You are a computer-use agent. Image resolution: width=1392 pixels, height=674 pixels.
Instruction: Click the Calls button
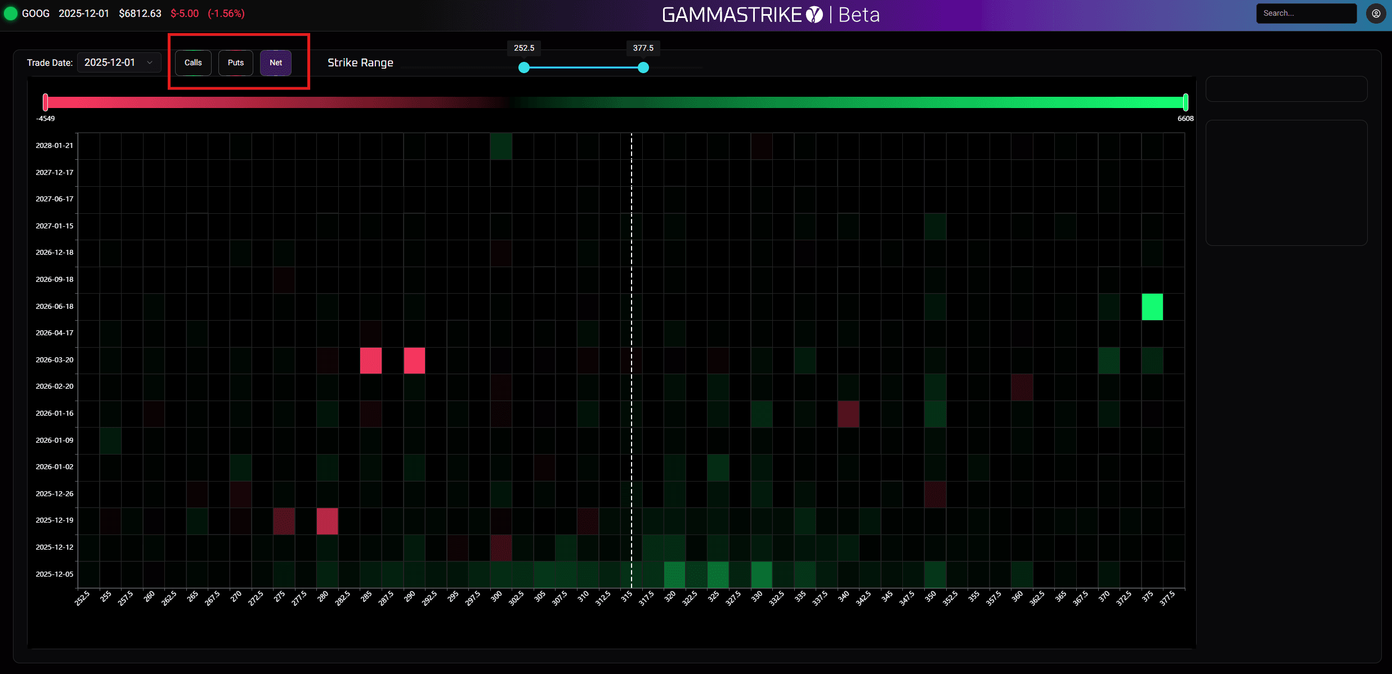click(x=193, y=63)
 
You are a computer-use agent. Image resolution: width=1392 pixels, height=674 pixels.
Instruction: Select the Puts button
click(x=235, y=63)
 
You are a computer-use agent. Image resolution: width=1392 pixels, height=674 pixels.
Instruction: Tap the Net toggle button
click(x=276, y=63)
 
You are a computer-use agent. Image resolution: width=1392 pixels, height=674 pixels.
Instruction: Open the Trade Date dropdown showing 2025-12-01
click(x=119, y=62)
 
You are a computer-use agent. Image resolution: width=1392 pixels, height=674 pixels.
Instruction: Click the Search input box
click(x=1306, y=14)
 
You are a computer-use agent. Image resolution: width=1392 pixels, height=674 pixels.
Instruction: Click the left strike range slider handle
click(x=524, y=68)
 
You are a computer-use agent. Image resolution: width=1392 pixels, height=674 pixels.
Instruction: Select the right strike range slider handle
click(x=643, y=68)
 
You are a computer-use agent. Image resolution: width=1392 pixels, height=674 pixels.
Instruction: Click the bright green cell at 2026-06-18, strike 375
click(x=1152, y=307)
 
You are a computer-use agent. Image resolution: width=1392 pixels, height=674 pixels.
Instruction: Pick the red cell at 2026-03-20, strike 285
click(x=371, y=361)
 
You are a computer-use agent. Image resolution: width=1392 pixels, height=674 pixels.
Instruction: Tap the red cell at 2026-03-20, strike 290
click(x=414, y=361)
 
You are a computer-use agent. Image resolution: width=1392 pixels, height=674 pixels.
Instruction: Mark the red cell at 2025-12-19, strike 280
click(x=327, y=521)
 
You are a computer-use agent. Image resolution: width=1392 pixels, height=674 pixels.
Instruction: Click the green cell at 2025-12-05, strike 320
click(x=674, y=574)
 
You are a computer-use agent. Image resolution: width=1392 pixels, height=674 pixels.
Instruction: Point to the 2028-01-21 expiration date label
click(x=55, y=145)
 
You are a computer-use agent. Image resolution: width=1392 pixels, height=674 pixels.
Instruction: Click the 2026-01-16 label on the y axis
click(x=55, y=413)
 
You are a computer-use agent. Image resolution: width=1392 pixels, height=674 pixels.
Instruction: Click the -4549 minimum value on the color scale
click(x=46, y=119)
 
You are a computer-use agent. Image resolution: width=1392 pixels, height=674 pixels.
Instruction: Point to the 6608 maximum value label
click(x=1185, y=119)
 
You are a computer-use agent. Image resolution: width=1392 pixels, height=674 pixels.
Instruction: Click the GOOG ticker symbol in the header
click(x=35, y=14)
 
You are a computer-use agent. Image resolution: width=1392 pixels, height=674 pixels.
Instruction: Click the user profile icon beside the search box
click(x=1376, y=14)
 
